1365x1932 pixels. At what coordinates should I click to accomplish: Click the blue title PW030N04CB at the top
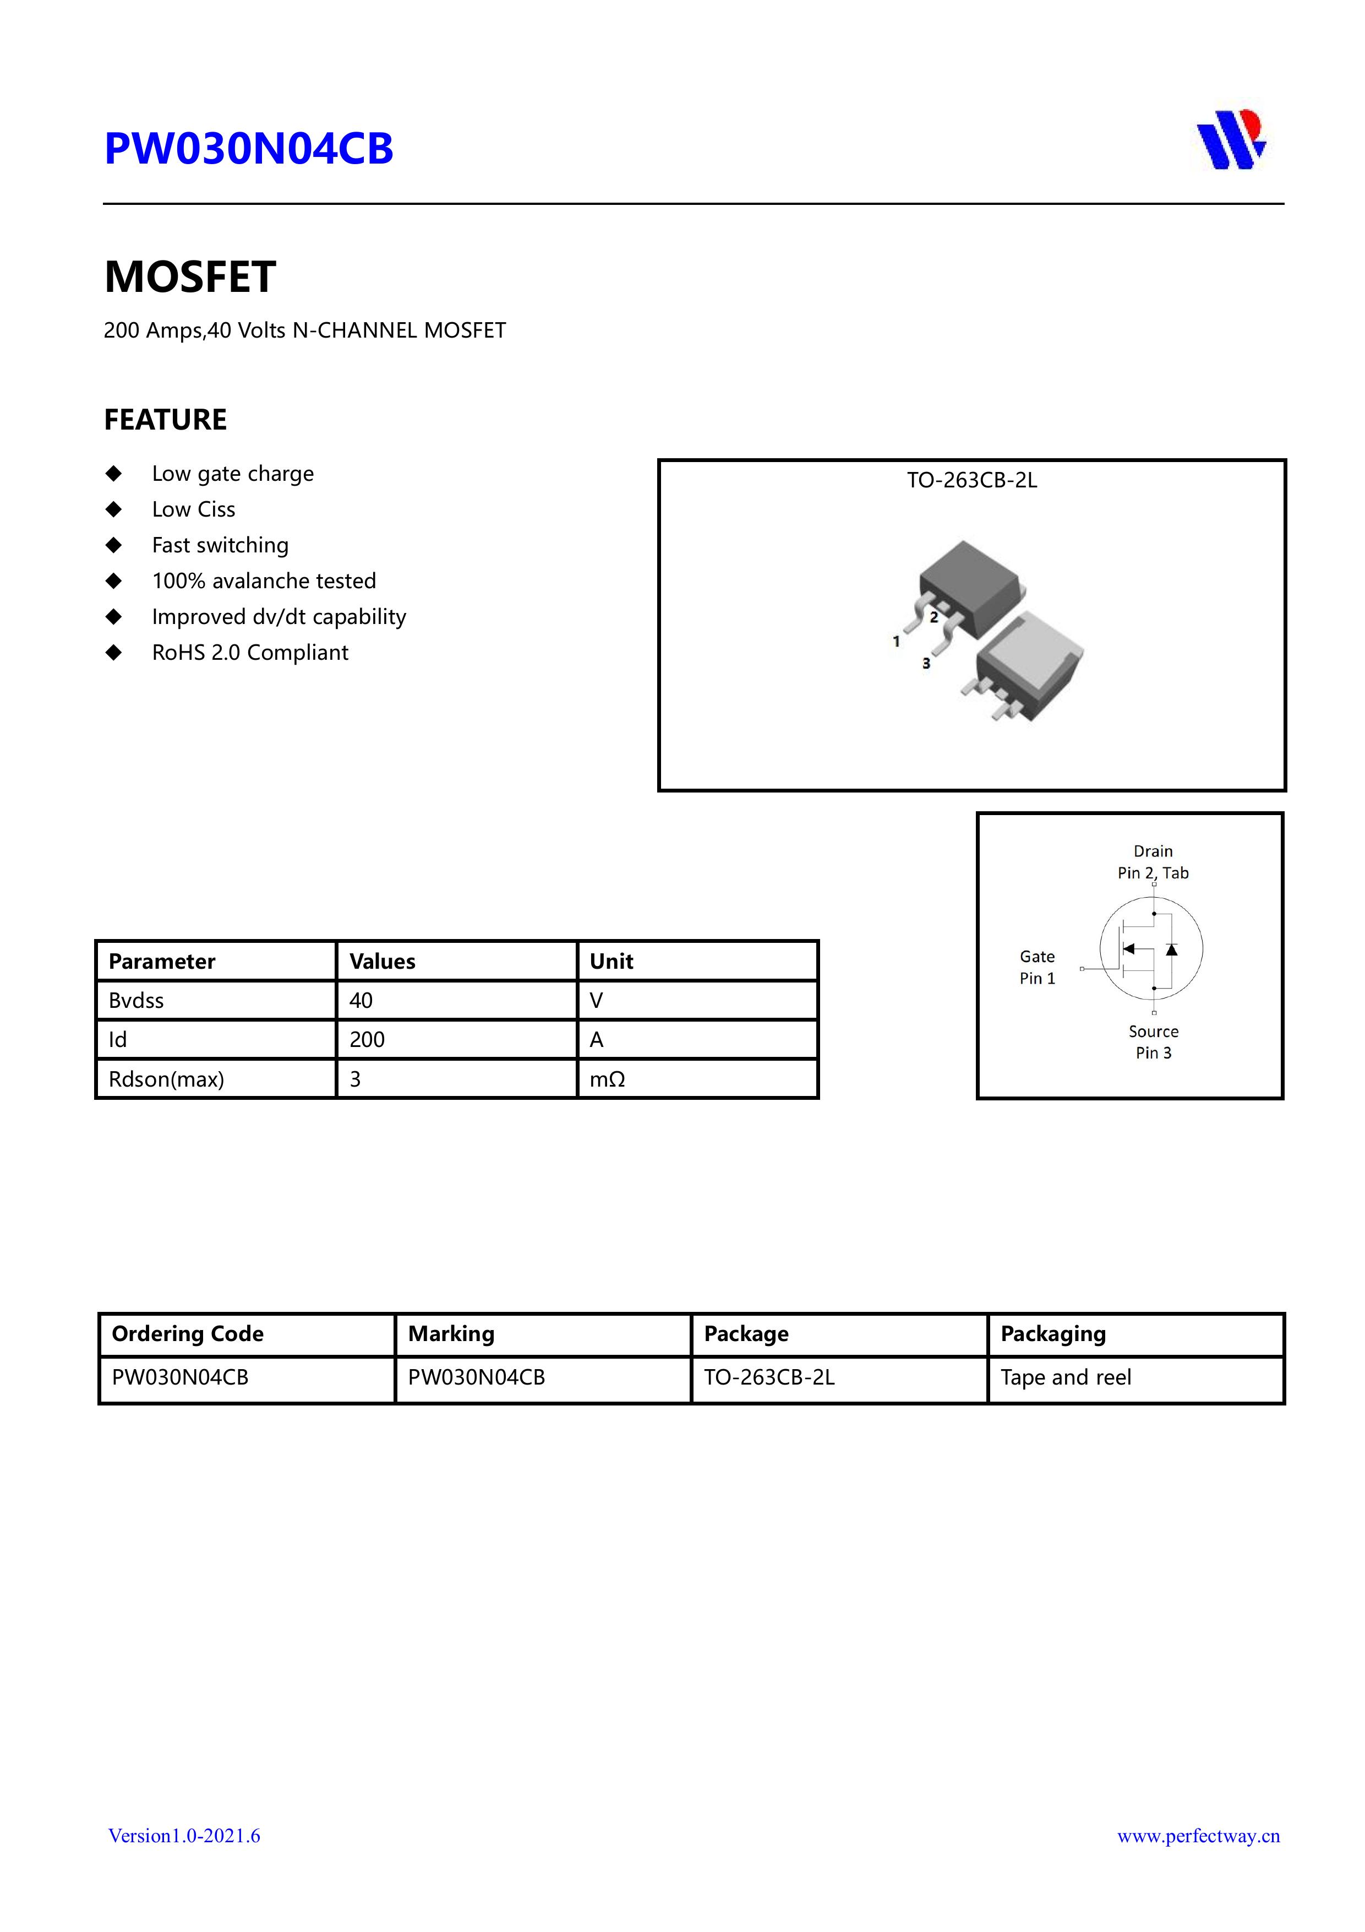tap(248, 149)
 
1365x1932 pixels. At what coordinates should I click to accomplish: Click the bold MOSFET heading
tap(190, 277)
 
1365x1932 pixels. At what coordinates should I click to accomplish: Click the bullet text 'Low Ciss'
tap(193, 509)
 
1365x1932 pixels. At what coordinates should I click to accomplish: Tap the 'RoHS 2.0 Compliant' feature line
tap(250, 652)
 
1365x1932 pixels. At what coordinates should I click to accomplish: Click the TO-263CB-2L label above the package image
tap(971, 480)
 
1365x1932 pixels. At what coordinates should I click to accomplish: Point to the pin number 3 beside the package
tap(926, 663)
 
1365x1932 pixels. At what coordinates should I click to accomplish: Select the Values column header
tap(383, 961)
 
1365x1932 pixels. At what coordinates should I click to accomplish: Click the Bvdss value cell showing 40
tap(362, 1001)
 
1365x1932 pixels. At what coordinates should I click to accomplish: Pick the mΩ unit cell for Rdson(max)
tap(607, 1079)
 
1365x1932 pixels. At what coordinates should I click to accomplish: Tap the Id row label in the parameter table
tap(118, 1040)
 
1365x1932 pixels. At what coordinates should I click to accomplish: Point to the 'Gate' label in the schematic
tap(1037, 957)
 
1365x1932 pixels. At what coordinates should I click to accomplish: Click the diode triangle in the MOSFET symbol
tap(1171, 949)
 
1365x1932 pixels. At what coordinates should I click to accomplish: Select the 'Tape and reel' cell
tap(1066, 1377)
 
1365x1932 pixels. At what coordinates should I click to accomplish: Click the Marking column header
tap(452, 1334)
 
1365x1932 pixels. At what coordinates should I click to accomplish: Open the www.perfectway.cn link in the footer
tap(1198, 1836)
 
